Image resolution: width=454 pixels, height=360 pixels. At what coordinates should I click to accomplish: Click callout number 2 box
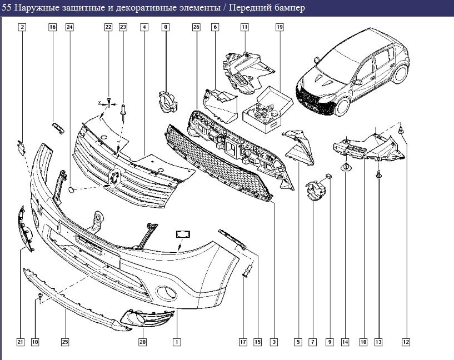click(22, 27)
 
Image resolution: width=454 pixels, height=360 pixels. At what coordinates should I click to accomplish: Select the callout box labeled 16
click(53, 27)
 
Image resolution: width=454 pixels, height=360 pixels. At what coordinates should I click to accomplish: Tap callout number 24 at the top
click(69, 27)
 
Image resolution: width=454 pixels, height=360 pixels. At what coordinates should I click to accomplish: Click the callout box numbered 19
click(280, 27)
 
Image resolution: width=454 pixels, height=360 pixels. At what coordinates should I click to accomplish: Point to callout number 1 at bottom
click(177, 342)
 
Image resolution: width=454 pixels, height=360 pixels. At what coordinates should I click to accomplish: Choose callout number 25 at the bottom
click(65, 342)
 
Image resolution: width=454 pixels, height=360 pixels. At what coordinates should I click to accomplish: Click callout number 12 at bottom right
click(406, 342)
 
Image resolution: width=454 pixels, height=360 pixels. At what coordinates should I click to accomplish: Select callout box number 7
click(313, 342)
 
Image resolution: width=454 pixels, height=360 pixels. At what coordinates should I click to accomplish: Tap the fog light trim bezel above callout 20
click(147, 318)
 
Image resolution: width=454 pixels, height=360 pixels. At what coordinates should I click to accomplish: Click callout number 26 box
click(196, 27)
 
